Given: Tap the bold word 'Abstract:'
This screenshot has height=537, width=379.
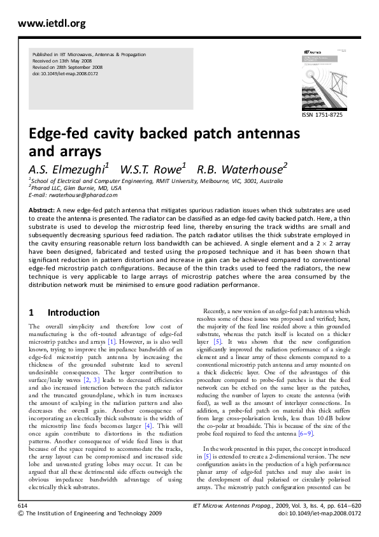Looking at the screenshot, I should [41, 210].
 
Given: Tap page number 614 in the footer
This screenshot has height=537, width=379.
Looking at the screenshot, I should [24, 504].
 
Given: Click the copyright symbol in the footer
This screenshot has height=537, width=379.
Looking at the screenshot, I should [22, 512].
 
